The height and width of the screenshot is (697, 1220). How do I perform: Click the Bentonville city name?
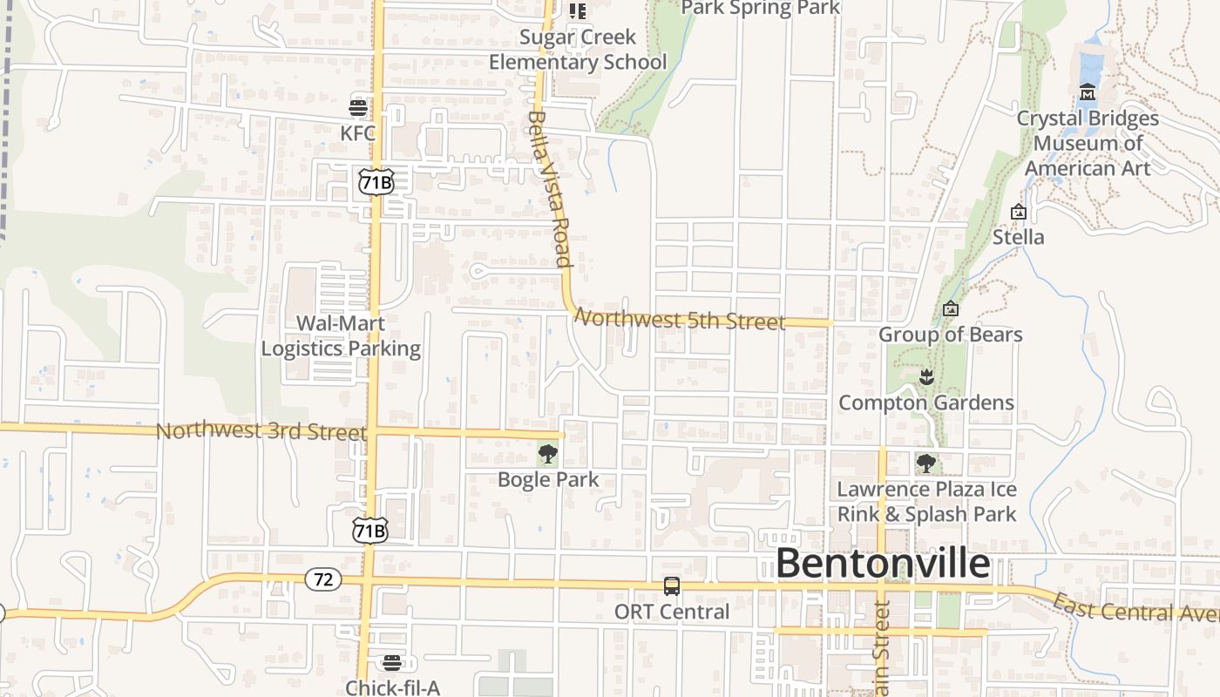pyautogui.click(x=882, y=564)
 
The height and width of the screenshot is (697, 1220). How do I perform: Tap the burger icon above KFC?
pyautogui.click(x=358, y=108)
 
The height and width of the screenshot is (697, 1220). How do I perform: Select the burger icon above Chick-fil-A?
pyautogui.click(x=392, y=662)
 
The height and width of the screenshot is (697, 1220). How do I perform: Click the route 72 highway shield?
pyautogui.click(x=322, y=579)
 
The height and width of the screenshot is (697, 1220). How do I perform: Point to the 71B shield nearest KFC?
pyautogui.click(x=376, y=181)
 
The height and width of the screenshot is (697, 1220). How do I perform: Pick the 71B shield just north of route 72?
pyautogui.click(x=369, y=531)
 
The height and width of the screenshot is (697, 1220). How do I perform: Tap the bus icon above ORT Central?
pyautogui.click(x=672, y=586)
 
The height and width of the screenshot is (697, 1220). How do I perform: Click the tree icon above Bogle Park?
pyautogui.click(x=548, y=454)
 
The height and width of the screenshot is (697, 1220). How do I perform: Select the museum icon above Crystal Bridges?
pyautogui.click(x=1088, y=92)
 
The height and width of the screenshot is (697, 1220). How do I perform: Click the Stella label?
pyautogui.click(x=1018, y=237)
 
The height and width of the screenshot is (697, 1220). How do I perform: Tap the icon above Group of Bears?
pyautogui.click(x=951, y=309)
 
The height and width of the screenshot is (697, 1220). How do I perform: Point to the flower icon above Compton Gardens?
pyautogui.click(x=925, y=377)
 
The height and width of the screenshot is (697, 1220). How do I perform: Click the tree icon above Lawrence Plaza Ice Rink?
pyautogui.click(x=925, y=463)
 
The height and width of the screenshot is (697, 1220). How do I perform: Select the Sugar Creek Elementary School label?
pyautogui.click(x=578, y=50)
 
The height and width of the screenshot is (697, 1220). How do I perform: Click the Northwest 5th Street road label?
pyautogui.click(x=681, y=320)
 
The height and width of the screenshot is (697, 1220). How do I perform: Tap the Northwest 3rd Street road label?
pyautogui.click(x=261, y=431)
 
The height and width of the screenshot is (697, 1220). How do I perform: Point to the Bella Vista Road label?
pyautogui.click(x=549, y=188)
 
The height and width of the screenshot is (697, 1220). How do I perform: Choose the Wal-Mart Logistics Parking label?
pyautogui.click(x=341, y=335)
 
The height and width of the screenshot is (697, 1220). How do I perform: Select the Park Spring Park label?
pyautogui.click(x=760, y=9)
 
